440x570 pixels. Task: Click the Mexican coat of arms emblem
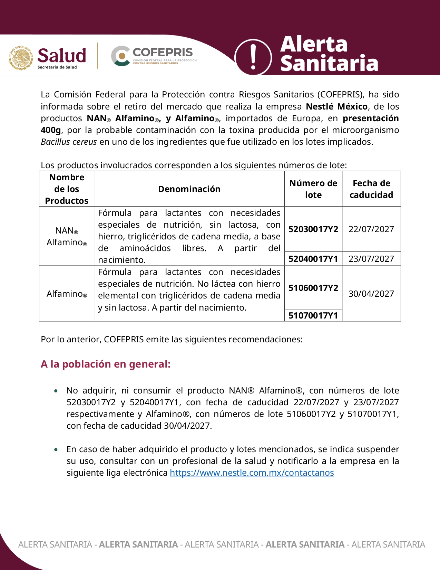[21, 58]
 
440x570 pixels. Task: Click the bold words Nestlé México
[336, 106]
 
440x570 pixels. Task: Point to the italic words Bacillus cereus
[69, 142]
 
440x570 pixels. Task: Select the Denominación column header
[189, 189]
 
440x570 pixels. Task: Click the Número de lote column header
[313, 189]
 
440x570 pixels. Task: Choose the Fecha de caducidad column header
[371, 189]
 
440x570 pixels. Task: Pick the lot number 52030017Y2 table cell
[313, 229]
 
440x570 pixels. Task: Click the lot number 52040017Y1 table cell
[313, 259]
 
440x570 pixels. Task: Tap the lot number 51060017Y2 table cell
[313, 288]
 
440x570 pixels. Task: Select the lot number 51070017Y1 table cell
[313, 315]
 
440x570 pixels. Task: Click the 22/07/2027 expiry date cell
[371, 229]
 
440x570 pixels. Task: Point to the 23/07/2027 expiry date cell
[371, 259]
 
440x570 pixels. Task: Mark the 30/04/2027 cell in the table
[371, 294]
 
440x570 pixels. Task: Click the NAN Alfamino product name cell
[67, 236]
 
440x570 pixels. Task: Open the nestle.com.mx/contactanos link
[252, 473]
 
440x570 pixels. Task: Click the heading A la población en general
[106, 364]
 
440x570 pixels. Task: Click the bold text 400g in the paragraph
[51, 130]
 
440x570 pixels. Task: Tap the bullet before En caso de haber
[56, 449]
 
